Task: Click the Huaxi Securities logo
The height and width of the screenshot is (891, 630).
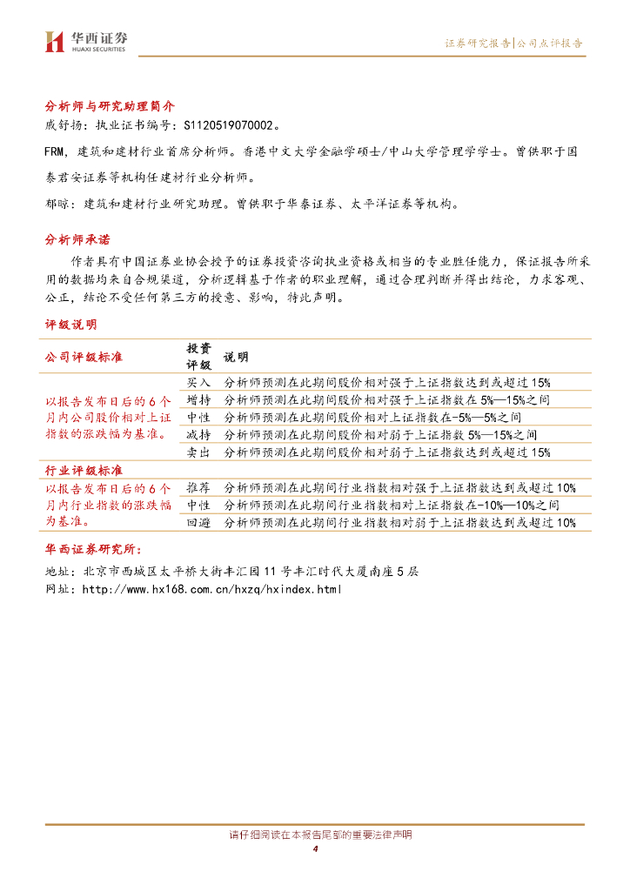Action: point(85,41)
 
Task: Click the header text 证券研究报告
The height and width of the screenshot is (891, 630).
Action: point(478,43)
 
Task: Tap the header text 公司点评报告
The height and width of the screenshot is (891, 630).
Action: point(550,43)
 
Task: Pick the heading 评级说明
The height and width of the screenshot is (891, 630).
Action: point(70,325)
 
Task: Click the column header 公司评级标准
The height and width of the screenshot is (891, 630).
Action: point(84,357)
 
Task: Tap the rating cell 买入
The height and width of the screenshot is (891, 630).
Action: point(198,382)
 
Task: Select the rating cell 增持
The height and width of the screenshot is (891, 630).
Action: point(198,399)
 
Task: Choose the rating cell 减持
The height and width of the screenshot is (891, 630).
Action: point(198,434)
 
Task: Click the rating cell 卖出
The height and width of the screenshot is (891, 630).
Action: point(198,452)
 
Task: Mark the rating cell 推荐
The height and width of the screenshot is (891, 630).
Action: point(198,487)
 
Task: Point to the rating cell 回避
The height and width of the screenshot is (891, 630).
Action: point(198,523)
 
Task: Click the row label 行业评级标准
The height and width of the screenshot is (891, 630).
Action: point(84,470)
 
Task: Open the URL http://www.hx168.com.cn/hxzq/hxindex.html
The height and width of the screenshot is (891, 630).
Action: point(211,589)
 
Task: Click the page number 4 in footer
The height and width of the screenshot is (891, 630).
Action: point(315,849)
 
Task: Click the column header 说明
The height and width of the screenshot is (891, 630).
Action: point(236,357)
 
